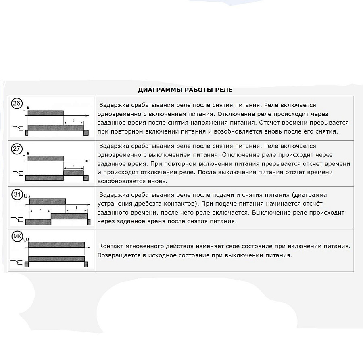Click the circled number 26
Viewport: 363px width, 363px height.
[x=17, y=104]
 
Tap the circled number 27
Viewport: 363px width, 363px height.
[x=17, y=149]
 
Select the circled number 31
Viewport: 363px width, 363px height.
[x=17, y=195]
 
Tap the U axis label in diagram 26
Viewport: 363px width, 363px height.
[x=24, y=109]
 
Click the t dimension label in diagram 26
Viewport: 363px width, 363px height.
[x=73, y=120]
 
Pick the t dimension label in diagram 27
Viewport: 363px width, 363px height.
[x=73, y=165]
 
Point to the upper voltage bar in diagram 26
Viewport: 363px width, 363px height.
[x=46, y=112]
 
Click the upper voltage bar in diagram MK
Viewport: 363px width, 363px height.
[x=56, y=244]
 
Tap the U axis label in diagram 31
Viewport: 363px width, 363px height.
[x=25, y=196]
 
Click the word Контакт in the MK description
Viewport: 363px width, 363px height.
[x=111, y=246]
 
